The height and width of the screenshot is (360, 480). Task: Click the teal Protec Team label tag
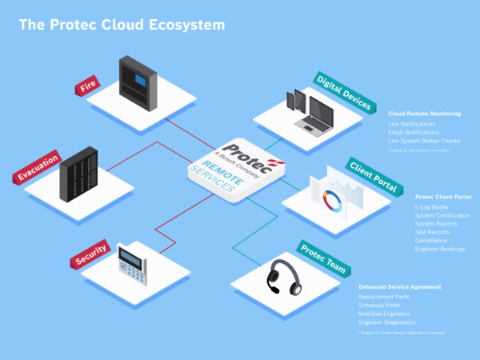(x=323, y=258)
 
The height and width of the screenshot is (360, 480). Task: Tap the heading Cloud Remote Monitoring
(x=424, y=114)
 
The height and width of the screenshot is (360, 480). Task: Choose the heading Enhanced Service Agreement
(x=399, y=286)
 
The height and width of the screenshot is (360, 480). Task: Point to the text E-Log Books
(x=432, y=206)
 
